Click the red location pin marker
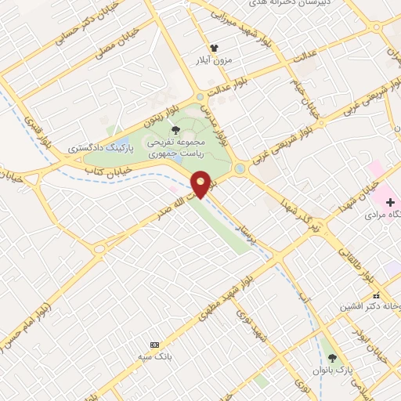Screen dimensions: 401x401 click(x=201, y=184)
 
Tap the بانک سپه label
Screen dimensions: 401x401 click(x=155, y=357)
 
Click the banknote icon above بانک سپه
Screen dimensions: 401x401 click(x=154, y=345)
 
